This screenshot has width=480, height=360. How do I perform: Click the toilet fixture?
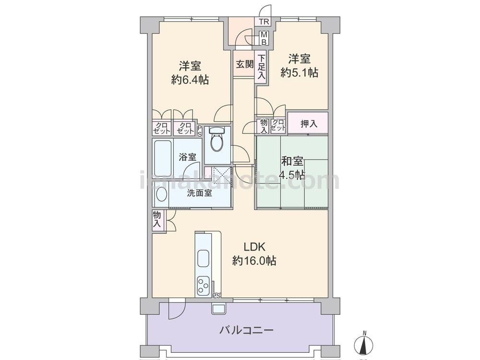pyautogui.click(x=217, y=139)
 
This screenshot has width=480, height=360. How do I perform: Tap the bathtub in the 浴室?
pyautogui.click(x=163, y=158)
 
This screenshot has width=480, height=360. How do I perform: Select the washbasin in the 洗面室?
pyautogui.click(x=161, y=194)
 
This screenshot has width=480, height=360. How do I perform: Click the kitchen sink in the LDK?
pyautogui.click(x=203, y=258)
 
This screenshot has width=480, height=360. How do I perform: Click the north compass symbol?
pyautogui.click(x=364, y=344)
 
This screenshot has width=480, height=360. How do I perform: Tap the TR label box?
pyautogui.click(x=264, y=22)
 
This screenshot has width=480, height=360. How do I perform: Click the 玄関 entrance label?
pyautogui.click(x=245, y=64)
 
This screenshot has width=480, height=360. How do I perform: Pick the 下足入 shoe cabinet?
pyautogui.click(x=261, y=67)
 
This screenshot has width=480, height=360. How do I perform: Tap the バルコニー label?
pyautogui.click(x=246, y=330)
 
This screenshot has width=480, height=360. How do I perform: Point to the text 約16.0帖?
pyautogui.click(x=254, y=261)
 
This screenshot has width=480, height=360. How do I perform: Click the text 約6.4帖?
pyautogui.click(x=191, y=80)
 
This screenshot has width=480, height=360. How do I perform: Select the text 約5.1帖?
pyautogui.click(x=300, y=72)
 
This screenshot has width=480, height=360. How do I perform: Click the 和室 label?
pyautogui.click(x=292, y=161)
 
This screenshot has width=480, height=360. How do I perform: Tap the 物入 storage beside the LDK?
pyautogui.click(x=157, y=219)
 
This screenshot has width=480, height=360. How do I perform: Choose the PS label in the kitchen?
pyautogui.click(x=217, y=296)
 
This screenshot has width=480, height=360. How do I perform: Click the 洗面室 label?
pyautogui.click(x=200, y=193)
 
